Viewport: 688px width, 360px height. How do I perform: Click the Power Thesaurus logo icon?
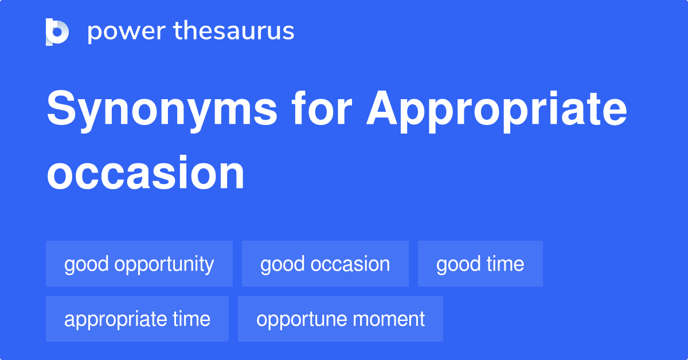point(57,32)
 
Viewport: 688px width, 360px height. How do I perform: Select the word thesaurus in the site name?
point(234,32)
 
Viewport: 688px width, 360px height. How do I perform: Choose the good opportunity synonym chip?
point(139,264)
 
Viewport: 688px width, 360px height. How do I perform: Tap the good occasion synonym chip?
point(325,264)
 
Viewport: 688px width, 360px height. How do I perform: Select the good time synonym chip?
point(480,264)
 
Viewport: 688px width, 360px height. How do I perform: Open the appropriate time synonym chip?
point(137,319)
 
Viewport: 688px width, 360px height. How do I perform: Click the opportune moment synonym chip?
point(341,319)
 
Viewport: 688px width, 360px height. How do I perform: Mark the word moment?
point(390,319)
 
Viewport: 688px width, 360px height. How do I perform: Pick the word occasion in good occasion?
point(350,264)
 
